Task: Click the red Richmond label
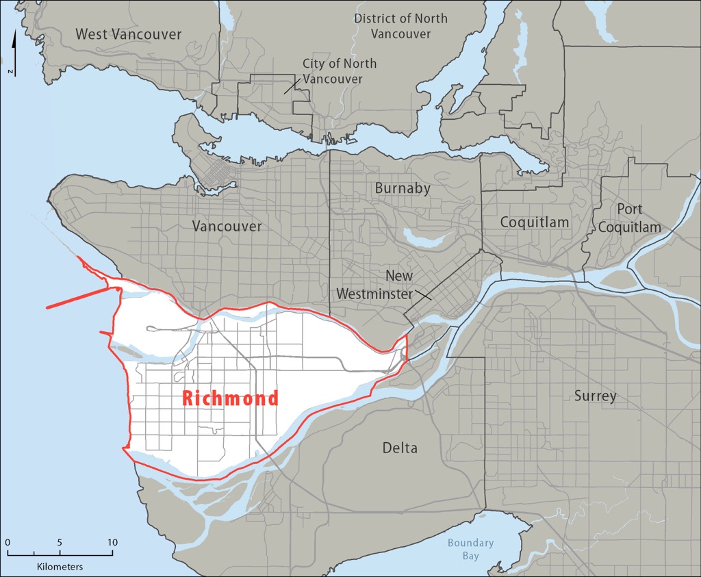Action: tap(230, 398)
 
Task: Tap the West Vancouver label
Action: tap(129, 34)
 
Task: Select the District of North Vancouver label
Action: tap(400, 25)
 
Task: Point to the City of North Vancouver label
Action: tap(340, 71)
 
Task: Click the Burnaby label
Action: tap(403, 188)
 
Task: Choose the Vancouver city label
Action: tap(227, 226)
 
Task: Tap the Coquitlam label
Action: tap(535, 222)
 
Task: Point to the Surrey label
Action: tap(595, 396)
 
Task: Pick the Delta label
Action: tap(400, 448)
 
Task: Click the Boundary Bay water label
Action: tap(470, 549)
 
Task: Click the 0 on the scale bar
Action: tap(7, 543)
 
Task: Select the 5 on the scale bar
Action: tap(60, 543)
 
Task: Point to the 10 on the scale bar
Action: tap(112, 543)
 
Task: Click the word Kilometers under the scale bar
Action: tap(60, 567)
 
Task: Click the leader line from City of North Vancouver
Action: tap(293, 85)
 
